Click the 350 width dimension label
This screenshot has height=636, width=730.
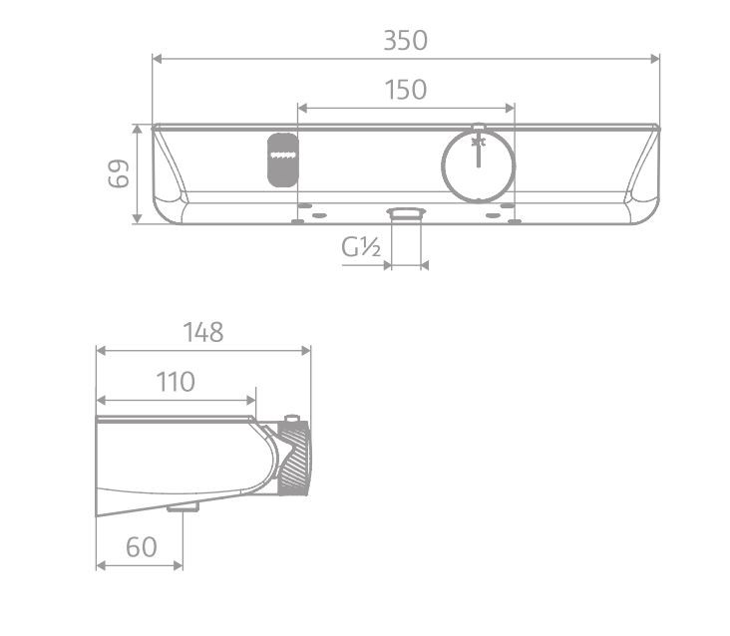405,41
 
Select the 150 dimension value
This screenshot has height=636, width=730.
405,90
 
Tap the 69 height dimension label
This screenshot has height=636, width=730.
118,174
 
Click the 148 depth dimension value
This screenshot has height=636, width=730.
202,332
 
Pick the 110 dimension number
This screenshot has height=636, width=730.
175,381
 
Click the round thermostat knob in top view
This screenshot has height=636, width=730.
478,162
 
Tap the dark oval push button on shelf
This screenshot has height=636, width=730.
282,159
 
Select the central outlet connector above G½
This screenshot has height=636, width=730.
406,212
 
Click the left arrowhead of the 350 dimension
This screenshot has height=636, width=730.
157,59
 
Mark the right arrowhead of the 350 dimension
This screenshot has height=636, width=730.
654,59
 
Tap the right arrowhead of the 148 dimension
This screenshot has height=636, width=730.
306,350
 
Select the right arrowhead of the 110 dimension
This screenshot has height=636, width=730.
251,399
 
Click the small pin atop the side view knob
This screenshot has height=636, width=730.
292,419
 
